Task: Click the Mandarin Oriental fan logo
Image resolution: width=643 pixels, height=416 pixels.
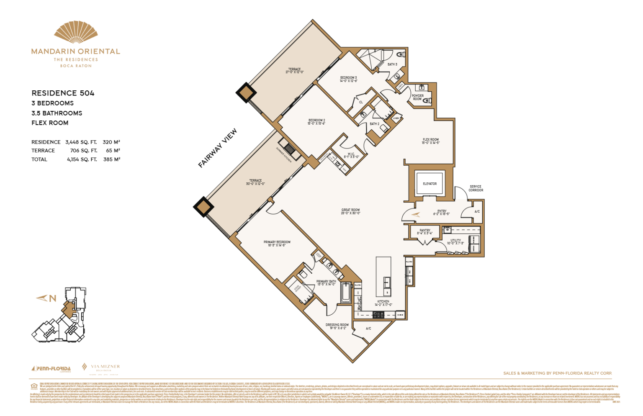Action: [x=76, y=33]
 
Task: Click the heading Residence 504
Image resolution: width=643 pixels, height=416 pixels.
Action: [x=63, y=93]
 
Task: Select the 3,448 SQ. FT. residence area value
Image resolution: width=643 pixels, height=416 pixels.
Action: [x=81, y=142]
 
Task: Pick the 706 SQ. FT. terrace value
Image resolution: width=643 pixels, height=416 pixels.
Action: [x=83, y=151]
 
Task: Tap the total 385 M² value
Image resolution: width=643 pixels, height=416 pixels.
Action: [x=111, y=159]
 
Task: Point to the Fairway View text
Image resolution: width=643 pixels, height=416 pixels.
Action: [x=217, y=148]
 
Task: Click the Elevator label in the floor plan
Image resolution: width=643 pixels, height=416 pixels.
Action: [x=430, y=184]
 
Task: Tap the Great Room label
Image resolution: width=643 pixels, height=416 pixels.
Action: [x=350, y=211]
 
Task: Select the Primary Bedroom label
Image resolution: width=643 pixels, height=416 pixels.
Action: [x=277, y=244]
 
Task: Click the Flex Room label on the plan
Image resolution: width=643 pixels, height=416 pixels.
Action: [x=430, y=141]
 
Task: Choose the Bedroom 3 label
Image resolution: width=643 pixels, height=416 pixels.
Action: [x=348, y=79]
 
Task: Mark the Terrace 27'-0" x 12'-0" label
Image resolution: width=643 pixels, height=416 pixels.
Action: [x=294, y=71]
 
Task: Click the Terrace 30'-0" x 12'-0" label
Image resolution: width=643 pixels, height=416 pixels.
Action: [x=255, y=182]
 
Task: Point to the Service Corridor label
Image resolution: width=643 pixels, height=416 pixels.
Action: [x=476, y=188]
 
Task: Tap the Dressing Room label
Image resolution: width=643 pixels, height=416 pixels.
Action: [x=337, y=326]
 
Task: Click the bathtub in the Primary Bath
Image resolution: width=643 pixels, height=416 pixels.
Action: [x=346, y=293]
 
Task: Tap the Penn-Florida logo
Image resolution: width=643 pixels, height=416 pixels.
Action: [x=51, y=369]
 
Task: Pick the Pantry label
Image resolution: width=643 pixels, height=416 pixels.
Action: [x=425, y=231]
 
